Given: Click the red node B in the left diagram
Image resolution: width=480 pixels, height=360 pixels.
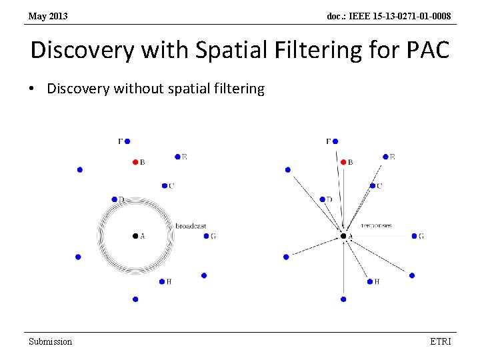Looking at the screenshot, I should [x=135, y=162].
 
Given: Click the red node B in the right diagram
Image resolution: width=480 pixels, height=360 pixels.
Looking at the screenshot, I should [x=343, y=162].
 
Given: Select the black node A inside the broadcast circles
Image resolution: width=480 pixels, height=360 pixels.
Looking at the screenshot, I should [x=135, y=235].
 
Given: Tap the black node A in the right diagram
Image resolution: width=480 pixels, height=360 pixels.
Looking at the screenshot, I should [x=343, y=235].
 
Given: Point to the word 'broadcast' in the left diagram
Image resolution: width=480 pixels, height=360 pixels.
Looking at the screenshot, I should [x=191, y=226].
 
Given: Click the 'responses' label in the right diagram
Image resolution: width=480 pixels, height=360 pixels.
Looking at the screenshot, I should [x=376, y=225].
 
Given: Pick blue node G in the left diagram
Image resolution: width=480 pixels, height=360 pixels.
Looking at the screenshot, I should [x=205, y=236].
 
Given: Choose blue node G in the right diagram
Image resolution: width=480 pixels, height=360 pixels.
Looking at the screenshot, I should [x=414, y=236].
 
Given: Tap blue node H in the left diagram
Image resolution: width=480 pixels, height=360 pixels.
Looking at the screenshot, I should [x=162, y=281].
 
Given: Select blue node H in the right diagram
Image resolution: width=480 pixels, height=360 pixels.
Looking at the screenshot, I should [x=370, y=281].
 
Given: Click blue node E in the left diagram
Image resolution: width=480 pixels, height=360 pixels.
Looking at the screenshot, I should [x=177, y=157].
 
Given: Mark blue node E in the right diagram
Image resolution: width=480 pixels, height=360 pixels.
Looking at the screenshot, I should [x=385, y=157].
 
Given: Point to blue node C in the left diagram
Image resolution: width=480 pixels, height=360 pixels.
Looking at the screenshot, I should [x=164, y=185].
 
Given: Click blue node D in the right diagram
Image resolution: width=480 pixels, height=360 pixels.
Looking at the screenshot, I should [x=321, y=199].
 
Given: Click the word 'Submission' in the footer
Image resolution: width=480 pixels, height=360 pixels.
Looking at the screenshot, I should [x=50, y=341].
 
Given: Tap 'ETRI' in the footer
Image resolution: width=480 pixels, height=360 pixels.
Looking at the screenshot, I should [x=441, y=341].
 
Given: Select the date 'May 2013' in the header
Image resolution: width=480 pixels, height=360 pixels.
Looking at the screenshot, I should [x=48, y=15].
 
